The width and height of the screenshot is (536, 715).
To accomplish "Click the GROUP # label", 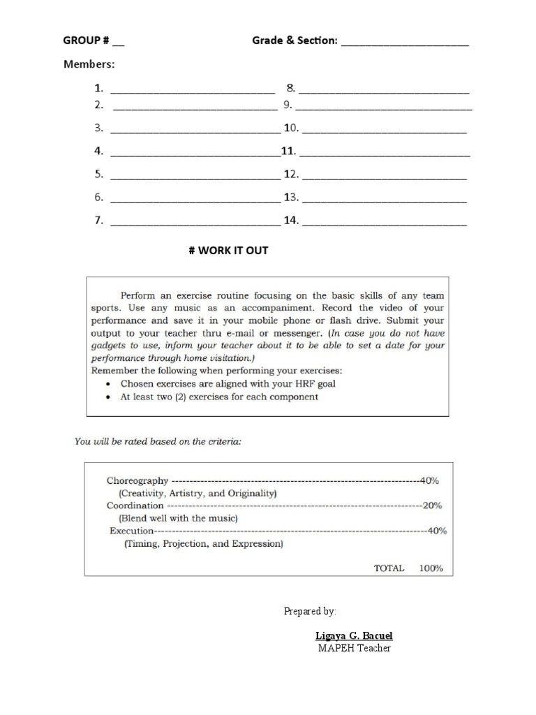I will [86, 41].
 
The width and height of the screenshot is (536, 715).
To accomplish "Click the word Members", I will [89, 65].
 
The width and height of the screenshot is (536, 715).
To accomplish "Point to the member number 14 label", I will [290, 221].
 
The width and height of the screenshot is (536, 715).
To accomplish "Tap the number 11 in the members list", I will [288, 152].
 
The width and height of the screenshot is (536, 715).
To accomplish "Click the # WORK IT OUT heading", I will [228, 251].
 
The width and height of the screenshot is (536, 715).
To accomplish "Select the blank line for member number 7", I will [195, 224].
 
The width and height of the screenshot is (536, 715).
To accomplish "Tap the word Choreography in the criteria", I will [137, 480].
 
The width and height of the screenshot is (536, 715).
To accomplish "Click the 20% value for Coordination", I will [431, 506].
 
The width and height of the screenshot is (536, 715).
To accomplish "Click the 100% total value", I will [431, 568].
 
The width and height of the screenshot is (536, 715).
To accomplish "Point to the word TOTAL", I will [389, 568].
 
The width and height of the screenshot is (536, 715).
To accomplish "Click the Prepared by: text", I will [310, 612].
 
